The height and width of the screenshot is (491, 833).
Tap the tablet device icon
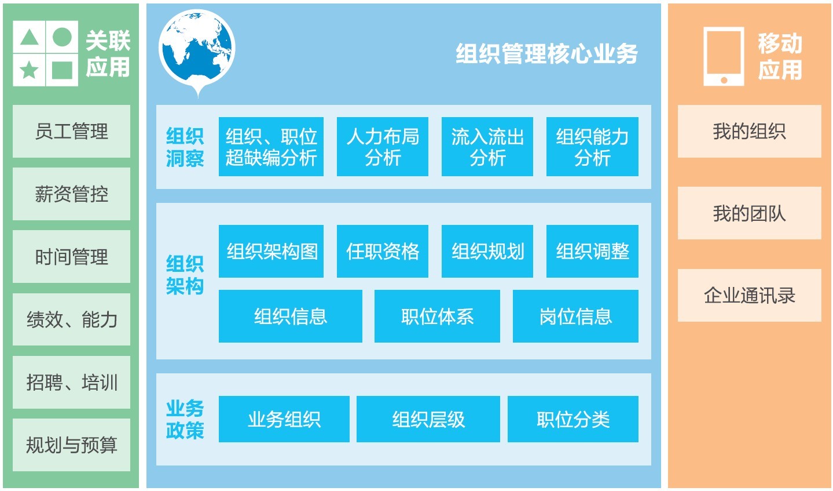click(x=724, y=56)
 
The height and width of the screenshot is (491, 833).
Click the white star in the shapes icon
click(x=29, y=70)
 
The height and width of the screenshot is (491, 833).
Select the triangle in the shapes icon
click(x=29, y=37)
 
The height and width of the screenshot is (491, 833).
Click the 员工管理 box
click(x=71, y=131)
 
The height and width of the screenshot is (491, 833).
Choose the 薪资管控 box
click(x=71, y=194)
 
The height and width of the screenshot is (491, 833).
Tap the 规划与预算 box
click(x=71, y=445)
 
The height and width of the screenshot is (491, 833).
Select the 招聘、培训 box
click(x=71, y=382)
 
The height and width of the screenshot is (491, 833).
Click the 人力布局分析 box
click(x=383, y=147)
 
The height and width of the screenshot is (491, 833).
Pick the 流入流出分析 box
click(x=487, y=147)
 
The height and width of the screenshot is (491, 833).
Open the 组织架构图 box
click(x=271, y=251)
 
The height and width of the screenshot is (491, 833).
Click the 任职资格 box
click(x=383, y=251)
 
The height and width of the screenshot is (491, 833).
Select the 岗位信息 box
click(x=575, y=317)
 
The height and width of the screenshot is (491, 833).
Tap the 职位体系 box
click(x=437, y=317)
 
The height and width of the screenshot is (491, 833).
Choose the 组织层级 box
click(x=428, y=419)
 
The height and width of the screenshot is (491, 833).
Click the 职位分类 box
click(x=573, y=419)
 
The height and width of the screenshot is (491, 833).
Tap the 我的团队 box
click(x=749, y=213)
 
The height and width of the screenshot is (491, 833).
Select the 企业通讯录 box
click(x=749, y=296)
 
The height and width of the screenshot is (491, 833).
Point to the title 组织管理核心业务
click(x=546, y=54)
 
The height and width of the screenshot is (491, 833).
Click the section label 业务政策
click(x=185, y=419)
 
